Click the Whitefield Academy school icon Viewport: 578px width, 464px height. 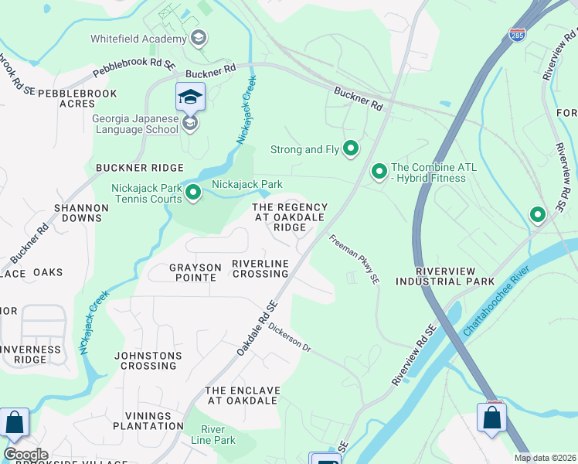199,39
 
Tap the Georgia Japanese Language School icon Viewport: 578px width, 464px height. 189,123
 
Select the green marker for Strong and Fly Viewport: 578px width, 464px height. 351,148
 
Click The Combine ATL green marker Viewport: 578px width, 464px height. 379,171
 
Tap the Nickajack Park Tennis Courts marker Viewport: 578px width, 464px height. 193,193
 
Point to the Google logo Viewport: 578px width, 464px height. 25,455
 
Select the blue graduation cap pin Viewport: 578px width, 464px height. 190,97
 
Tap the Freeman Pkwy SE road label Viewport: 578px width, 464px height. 355,258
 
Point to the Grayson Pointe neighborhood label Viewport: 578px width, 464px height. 195,272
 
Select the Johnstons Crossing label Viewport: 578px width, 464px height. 148,360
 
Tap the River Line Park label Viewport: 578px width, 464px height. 218,435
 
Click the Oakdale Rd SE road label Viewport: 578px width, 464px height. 257,329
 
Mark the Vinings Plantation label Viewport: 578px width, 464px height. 148,421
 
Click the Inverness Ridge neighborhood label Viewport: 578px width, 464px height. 31,354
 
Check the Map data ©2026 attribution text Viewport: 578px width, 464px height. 545,458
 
